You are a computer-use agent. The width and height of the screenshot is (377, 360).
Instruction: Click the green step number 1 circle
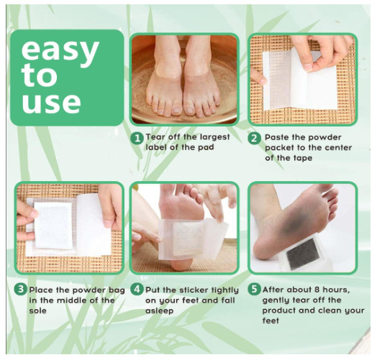pyautogui.click(x=137, y=139)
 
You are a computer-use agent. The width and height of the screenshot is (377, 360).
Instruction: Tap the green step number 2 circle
pyautogui.click(x=255, y=139)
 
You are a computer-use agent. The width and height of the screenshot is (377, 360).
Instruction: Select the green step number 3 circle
pyautogui.click(x=20, y=289)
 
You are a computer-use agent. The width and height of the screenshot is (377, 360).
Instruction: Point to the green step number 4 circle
pyautogui.click(x=137, y=289)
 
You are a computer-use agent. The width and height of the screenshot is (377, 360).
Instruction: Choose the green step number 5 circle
pyautogui.click(x=254, y=289)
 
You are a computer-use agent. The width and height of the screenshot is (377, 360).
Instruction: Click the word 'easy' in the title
pyautogui.click(x=60, y=51)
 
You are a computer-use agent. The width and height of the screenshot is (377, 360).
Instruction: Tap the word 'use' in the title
pyautogui.click(x=51, y=102)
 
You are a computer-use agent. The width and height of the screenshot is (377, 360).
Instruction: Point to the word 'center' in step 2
pyautogui.click(x=338, y=147)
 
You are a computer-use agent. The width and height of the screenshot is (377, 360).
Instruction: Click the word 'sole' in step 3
pyautogui.click(x=37, y=310)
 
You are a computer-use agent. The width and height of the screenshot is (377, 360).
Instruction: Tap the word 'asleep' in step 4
pyautogui.click(x=160, y=311)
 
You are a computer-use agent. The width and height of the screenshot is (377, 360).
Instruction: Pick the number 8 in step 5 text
pyautogui.click(x=317, y=290)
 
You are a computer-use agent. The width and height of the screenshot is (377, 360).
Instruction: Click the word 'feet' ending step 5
pyautogui.click(x=271, y=320)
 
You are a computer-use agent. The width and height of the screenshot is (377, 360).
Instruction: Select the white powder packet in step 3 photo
pyautogui.click(x=53, y=225)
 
